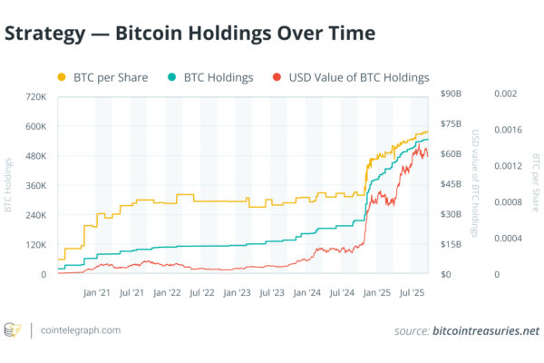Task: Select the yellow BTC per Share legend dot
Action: click(63, 77)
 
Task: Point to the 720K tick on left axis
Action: click(37, 95)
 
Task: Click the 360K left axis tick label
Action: click(37, 185)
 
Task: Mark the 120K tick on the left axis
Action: click(37, 245)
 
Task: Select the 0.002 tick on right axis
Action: click(504, 95)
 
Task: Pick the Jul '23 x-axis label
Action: click(271, 293)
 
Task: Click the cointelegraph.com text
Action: click(81, 330)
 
